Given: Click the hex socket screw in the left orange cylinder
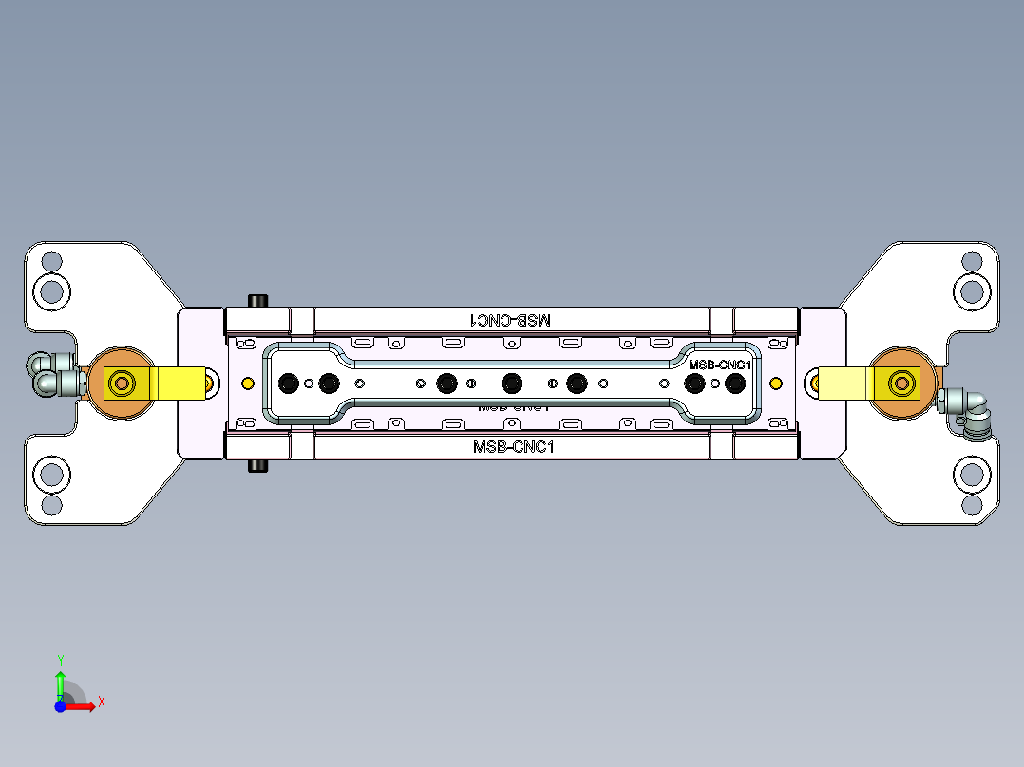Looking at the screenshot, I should coord(122,383).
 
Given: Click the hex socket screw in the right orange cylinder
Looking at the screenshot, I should coord(900,383).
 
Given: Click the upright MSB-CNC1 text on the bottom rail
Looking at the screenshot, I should coord(512,446).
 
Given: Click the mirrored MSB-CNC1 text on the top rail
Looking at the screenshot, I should coord(511,320).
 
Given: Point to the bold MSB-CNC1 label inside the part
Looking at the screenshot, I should coord(719,365).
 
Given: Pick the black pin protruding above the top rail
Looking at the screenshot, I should coord(256,301).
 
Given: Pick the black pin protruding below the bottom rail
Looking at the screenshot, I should coord(256,466).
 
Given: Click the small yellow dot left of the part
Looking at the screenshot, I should coord(248,383).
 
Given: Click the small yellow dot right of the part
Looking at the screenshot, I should coord(776,383).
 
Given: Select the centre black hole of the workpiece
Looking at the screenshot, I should coord(511,383).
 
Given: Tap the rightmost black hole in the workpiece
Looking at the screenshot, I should coord(734,383).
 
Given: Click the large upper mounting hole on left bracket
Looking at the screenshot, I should coord(52,290).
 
